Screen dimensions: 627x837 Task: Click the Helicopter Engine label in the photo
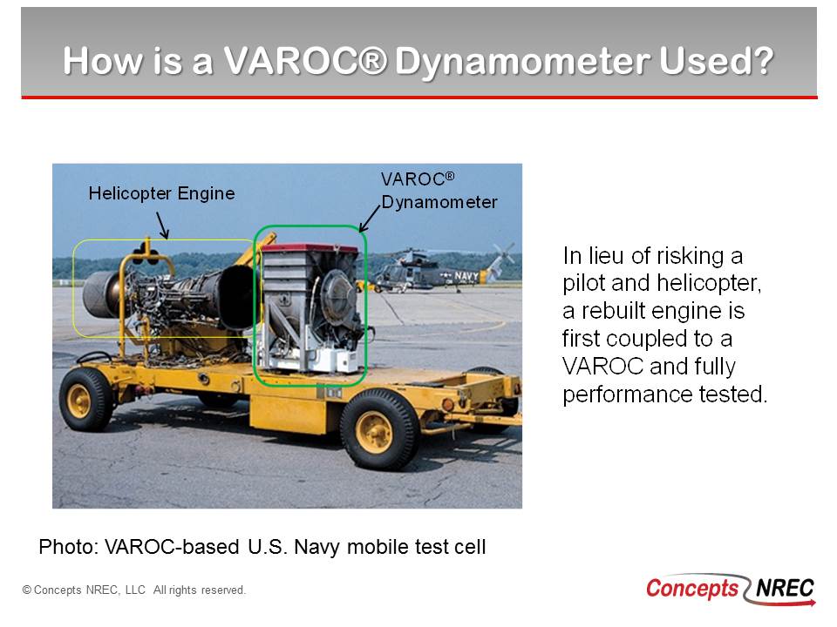point(161,193)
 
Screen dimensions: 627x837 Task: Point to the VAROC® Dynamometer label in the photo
point(439,191)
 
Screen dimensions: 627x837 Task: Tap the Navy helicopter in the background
point(436,269)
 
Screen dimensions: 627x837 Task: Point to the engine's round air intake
point(102,293)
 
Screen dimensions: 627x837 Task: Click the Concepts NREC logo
point(731,590)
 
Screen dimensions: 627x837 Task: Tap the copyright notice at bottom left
point(134,590)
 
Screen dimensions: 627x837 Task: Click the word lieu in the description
point(607,256)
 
